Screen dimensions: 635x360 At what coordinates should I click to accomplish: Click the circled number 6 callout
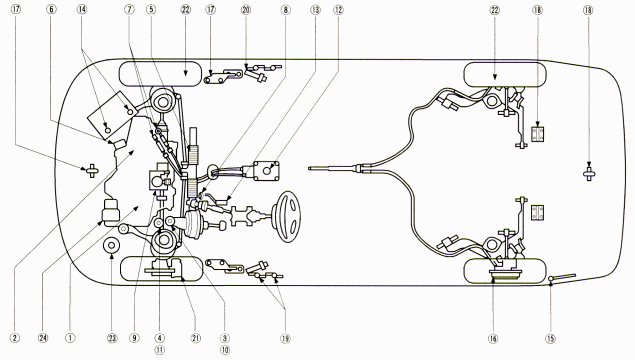51,10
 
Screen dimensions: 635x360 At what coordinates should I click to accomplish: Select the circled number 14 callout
82,10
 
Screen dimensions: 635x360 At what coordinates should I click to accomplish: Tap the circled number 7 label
129,10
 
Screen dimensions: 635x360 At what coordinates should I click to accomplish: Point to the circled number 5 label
151,10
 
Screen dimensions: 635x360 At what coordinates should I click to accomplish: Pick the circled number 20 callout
246,10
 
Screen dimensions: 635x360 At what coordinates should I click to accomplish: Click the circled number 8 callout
286,10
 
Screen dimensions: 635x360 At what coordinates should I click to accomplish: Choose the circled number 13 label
315,10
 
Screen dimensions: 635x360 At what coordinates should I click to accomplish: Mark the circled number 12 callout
338,10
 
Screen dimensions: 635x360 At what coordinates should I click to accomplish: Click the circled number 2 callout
15,338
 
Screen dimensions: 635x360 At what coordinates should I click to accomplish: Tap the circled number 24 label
43,338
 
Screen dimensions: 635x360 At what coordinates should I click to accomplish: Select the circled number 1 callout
70,338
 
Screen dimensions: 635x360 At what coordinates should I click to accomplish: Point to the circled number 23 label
112,338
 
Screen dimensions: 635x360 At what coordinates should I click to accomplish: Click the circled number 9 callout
135,338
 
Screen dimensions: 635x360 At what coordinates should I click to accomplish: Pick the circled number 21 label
196,338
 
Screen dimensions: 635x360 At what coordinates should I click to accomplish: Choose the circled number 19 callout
286,339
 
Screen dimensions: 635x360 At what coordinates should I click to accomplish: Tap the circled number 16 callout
493,339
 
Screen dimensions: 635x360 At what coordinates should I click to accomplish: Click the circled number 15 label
550,339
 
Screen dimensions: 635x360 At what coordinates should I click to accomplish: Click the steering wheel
287,217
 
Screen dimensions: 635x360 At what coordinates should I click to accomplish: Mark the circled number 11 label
160,349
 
